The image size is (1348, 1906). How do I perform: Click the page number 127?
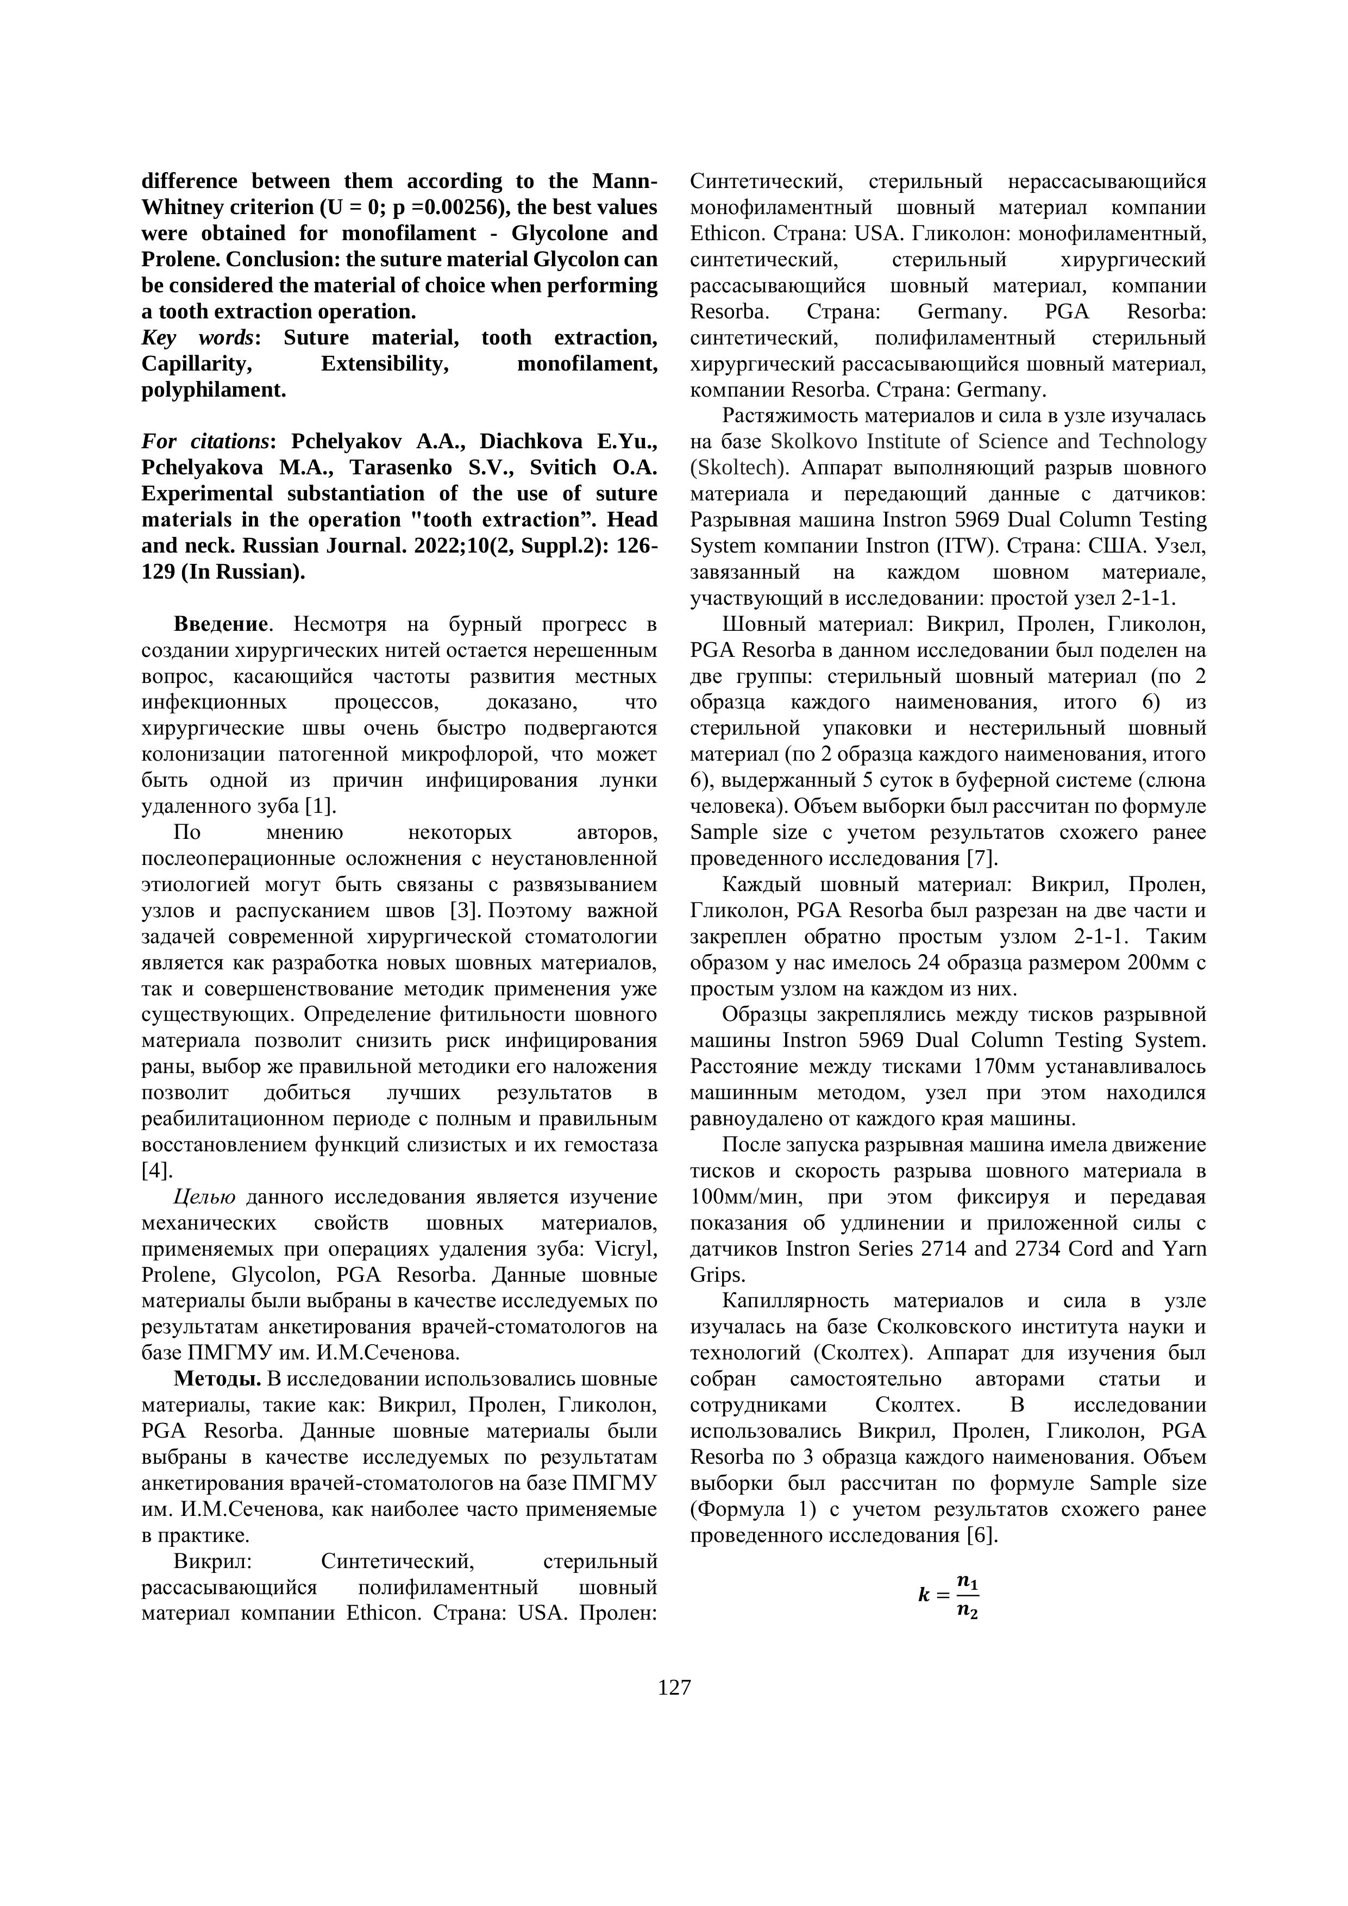click(674, 1688)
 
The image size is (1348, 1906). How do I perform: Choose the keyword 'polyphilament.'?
click(214, 390)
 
